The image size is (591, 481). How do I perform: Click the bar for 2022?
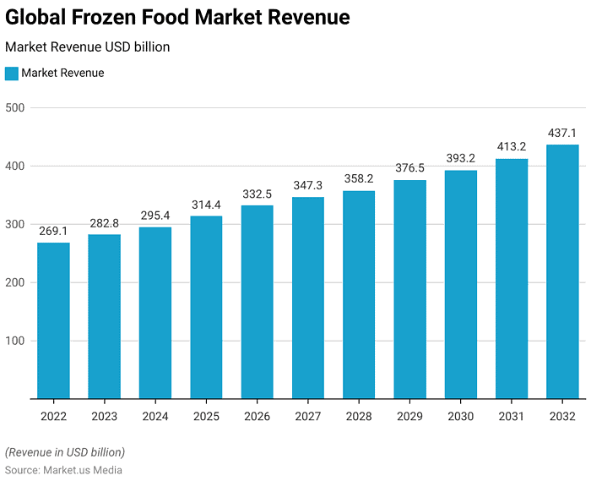click(x=54, y=320)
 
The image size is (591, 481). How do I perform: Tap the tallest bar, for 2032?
click(x=562, y=271)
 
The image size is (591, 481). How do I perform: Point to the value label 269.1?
click(x=54, y=231)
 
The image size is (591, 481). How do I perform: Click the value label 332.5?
click(x=258, y=194)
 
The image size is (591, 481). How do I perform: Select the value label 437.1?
click(x=562, y=133)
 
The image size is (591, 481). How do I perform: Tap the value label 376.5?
click(x=409, y=168)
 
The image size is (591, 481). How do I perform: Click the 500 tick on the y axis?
click(x=16, y=107)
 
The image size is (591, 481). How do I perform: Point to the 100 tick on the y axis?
click(x=16, y=341)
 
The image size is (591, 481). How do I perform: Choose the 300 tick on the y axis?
click(x=16, y=224)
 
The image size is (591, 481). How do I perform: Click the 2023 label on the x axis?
click(x=105, y=417)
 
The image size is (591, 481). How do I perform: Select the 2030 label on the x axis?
click(x=461, y=417)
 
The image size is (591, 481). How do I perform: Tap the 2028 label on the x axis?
click(x=359, y=417)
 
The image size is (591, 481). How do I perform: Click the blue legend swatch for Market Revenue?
click(x=12, y=74)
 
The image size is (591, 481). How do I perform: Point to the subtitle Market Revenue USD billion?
click(x=88, y=46)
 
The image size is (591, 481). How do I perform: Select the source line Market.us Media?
click(x=64, y=470)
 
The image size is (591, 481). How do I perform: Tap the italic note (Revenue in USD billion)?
click(x=65, y=452)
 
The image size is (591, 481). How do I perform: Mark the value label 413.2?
click(x=512, y=146)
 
